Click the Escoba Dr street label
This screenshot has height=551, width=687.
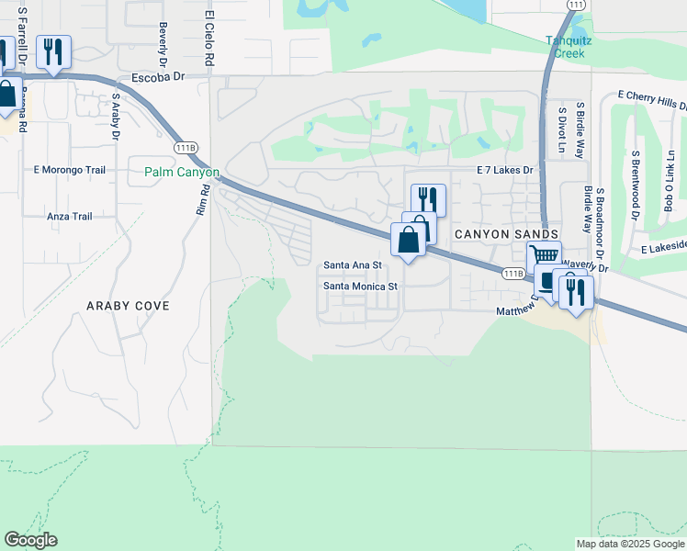pyautogui.click(x=159, y=79)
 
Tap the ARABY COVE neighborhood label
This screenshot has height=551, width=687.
pyautogui.click(x=128, y=306)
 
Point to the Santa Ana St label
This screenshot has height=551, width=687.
pyautogui.click(x=352, y=265)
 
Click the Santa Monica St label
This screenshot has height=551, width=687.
pyautogui.click(x=360, y=287)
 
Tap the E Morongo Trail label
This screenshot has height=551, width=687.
pyautogui.click(x=70, y=170)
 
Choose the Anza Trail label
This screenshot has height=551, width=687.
pyautogui.click(x=70, y=217)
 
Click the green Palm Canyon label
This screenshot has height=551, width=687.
pyautogui.click(x=182, y=172)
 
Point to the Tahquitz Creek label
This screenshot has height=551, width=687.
pyautogui.click(x=565, y=47)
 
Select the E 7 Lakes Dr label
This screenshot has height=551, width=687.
pyautogui.click(x=504, y=170)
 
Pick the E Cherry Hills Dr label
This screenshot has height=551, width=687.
pyautogui.click(x=653, y=96)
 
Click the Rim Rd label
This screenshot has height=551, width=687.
pyautogui.click(x=203, y=199)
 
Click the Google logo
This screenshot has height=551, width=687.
pyautogui.click(x=30, y=540)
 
